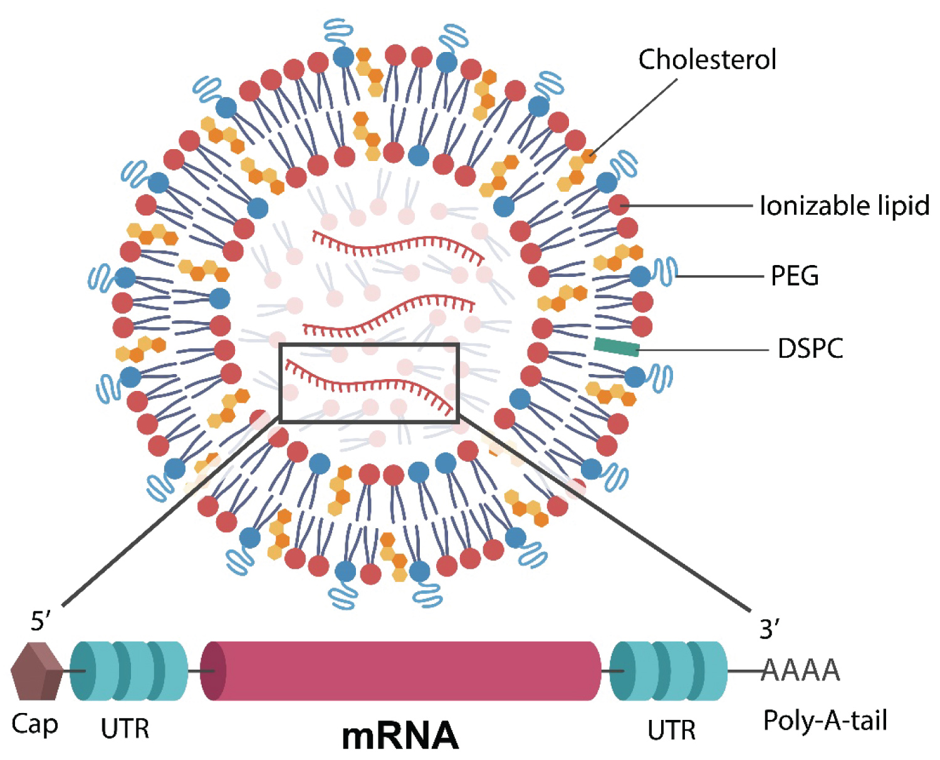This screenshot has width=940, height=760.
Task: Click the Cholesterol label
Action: tap(707, 60)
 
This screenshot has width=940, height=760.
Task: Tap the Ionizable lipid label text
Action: tap(843, 206)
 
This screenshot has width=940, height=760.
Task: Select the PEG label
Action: tap(795, 276)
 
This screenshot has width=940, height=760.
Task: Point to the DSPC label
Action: tap(810, 348)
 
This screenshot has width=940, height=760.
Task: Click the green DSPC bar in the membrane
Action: tap(617, 346)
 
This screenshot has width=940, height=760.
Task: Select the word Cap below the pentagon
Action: tap(34, 724)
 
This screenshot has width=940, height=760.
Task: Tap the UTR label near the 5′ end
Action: tap(125, 729)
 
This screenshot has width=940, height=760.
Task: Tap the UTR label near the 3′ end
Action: tap(671, 730)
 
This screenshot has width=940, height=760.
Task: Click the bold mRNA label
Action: tap(400, 735)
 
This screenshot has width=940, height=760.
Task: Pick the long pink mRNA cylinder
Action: tap(401, 670)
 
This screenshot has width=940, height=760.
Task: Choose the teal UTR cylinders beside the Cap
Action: tap(129, 670)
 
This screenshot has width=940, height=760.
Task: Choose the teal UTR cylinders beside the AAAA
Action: tap(668, 670)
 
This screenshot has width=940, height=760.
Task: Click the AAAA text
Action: tap(801, 670)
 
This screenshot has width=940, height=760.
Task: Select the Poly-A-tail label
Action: tap(825, 721)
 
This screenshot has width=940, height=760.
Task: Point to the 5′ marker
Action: tap(41, 621)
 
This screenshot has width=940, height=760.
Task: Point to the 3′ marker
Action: tap(770, 628)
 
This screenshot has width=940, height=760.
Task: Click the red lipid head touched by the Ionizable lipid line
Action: tap(619, 205)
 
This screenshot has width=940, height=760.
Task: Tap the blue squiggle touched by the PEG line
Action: tap(665, 272)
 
